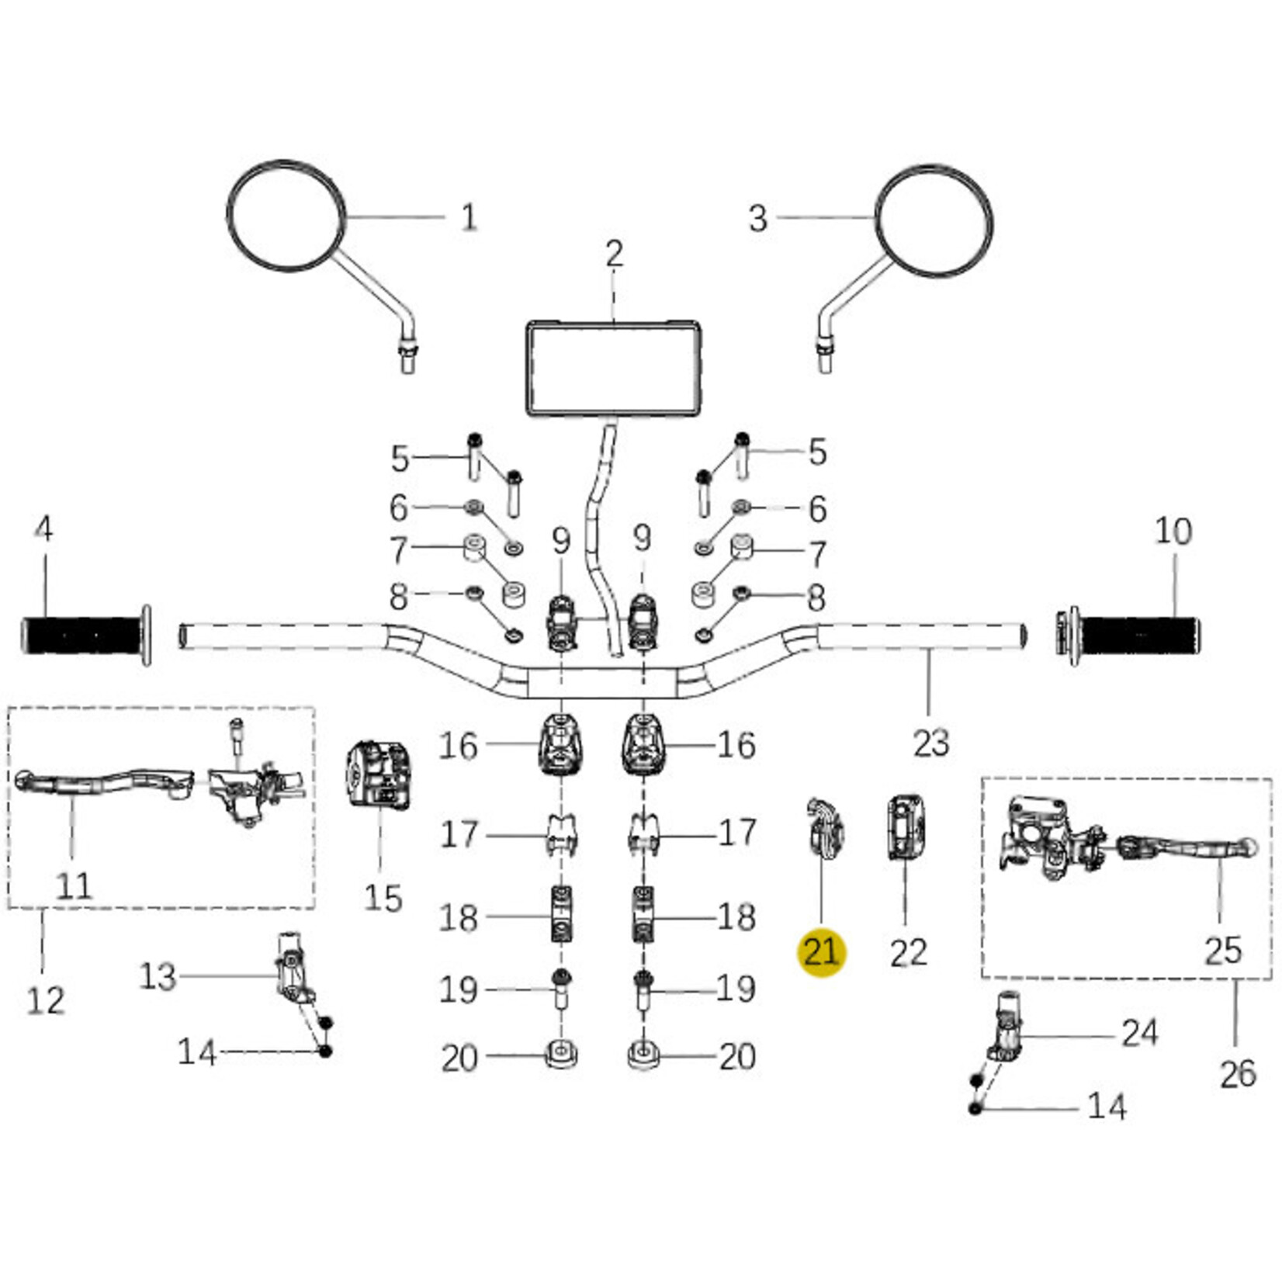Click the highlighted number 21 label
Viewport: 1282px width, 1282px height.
(x=821, y=951)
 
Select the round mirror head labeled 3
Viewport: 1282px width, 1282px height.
(x=934, y=220)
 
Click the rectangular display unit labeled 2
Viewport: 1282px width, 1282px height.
(x=614, y=369)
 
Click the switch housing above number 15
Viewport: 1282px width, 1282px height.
(x=377, y=775)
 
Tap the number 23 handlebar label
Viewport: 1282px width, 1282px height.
(x=931, y=743)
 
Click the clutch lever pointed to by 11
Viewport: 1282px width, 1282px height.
(x=105, y=782)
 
